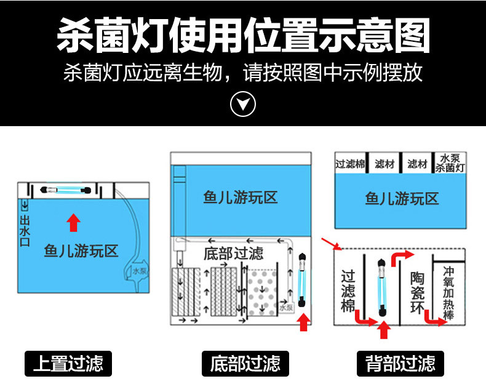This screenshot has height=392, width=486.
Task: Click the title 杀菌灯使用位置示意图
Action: click(x=242, y=36)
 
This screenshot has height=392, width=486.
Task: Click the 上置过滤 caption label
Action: click(x=68, y=362)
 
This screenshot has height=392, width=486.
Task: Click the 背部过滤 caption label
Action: click(x=400, y=362)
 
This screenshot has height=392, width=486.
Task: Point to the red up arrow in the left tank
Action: click(x=73, y=222)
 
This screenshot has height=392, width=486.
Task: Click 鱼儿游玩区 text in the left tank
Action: click(x=81, y=251)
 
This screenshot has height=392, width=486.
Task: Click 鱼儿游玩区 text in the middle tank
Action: click(x=241, y=198)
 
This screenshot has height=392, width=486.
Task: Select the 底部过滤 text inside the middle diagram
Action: click(x=233, y=253)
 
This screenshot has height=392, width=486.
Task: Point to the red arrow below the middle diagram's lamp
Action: click(x=302, y=322)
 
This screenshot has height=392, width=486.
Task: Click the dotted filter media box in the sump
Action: click(x=261, y=292)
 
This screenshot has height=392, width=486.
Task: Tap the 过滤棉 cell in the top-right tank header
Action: click(x=350, y=164)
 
